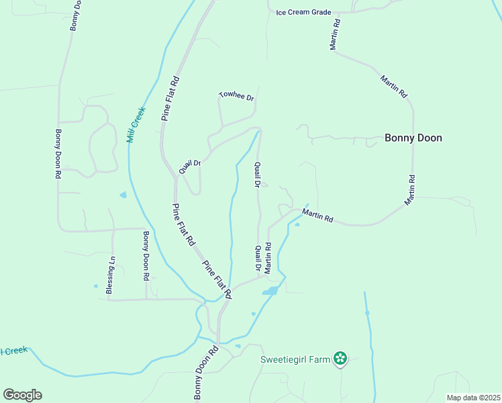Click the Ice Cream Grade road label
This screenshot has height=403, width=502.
click(304, 12)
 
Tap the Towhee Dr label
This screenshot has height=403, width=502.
click(237, 97)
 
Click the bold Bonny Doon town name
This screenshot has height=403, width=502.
click(413, 138)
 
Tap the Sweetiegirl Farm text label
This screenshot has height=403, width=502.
click(296, 359)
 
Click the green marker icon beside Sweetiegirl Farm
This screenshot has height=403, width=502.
click(341, 359)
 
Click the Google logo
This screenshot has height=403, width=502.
click(22, 395)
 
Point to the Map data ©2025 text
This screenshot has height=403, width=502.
click(473, 398)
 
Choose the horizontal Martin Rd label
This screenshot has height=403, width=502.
click(317, 215)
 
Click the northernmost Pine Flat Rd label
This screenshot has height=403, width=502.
click(170, 98)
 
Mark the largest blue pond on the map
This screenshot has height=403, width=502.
click(270, 292)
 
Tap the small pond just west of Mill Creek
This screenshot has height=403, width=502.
click(123, 195)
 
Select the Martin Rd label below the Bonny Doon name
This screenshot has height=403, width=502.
click(409, 190)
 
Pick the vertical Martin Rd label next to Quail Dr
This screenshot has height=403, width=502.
click(268, 258)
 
